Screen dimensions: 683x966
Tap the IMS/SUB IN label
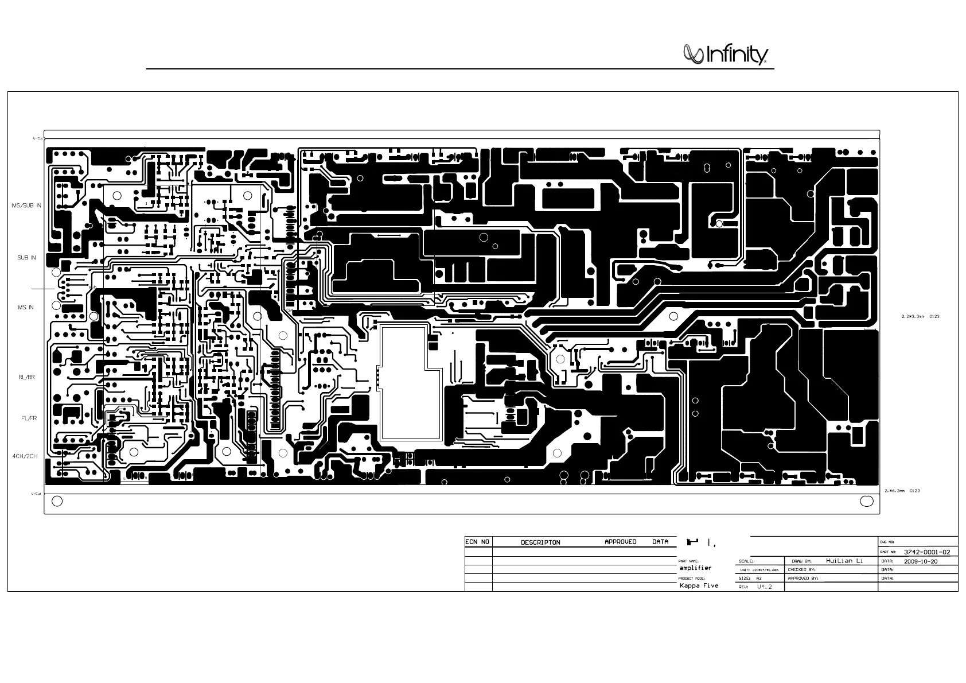point(26,205)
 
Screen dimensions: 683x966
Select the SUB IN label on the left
point(26,258)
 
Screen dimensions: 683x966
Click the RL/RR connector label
point(26,377)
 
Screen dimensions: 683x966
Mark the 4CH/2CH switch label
point(25,456)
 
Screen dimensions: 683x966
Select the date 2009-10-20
point(921,561)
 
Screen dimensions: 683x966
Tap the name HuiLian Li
point(844,561)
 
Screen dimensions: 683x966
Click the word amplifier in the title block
point(695,568)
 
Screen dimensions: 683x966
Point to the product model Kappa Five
point(699,586)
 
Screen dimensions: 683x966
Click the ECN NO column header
point(477,542)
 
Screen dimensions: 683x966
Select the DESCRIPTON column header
point(540,542)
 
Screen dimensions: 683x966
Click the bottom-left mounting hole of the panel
point(57,502)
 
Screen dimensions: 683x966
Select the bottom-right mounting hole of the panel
point(867,502)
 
